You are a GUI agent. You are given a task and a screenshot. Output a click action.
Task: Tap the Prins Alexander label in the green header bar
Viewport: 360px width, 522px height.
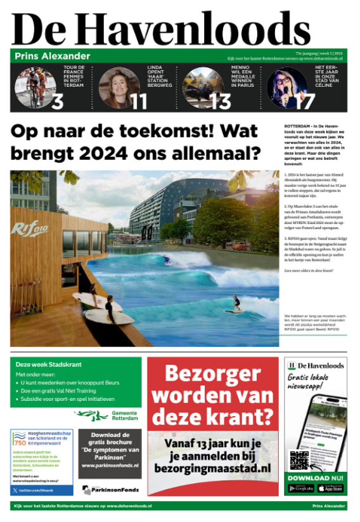(53, 56)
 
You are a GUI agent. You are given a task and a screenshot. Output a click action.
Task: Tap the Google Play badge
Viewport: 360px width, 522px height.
(300, 488)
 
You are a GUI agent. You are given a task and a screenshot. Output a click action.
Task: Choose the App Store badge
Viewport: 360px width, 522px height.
(330, 488)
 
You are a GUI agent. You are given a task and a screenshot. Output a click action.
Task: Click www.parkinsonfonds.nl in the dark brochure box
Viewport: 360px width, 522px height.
(110, 466)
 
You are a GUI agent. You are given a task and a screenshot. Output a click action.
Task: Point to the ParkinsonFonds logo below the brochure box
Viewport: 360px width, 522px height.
(109, 490)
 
